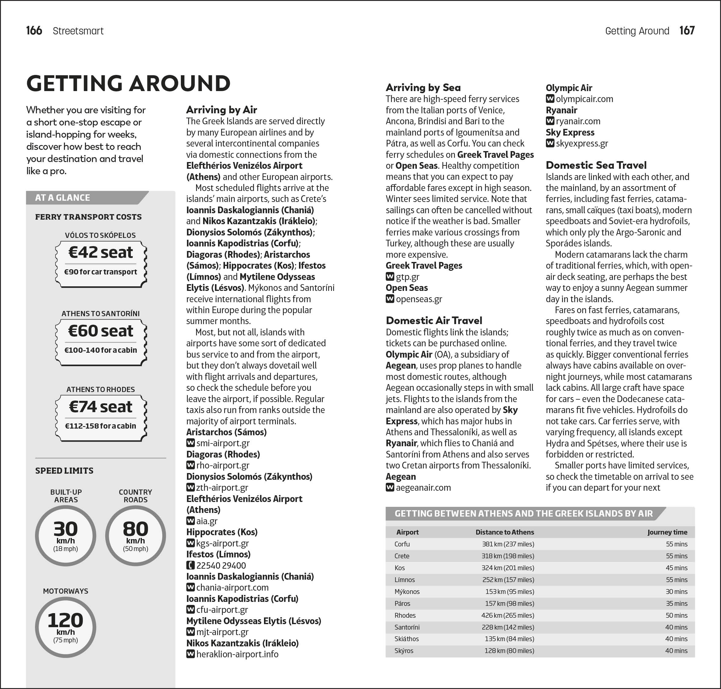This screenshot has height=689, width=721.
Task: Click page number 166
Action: (34, 30)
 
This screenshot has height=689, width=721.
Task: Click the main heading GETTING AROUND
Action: (128, 83)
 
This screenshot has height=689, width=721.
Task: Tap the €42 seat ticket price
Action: (100, 253)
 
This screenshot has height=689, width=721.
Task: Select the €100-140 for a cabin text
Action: (100, 350)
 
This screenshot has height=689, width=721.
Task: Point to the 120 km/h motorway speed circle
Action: (65, 627)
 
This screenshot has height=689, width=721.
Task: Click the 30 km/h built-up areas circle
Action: (65, 536)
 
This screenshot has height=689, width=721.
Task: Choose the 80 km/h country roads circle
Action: (135, 536)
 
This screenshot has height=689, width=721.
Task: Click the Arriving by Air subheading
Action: (221, 110)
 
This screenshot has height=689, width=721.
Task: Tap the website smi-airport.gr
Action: (223, 443)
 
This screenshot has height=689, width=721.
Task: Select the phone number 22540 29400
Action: (221, 566)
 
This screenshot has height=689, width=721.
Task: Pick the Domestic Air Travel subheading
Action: (434, 321)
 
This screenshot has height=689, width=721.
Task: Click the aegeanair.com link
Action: (423, 488)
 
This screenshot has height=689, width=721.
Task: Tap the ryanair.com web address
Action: (578, 121)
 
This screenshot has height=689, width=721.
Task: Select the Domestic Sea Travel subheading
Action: (596, 165)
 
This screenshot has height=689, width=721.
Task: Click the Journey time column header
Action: (667, 532)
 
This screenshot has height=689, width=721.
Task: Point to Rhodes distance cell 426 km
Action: (507, 615)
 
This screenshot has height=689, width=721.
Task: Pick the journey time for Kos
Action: (676, 568)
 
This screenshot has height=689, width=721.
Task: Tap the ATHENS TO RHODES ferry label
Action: (100, 389)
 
